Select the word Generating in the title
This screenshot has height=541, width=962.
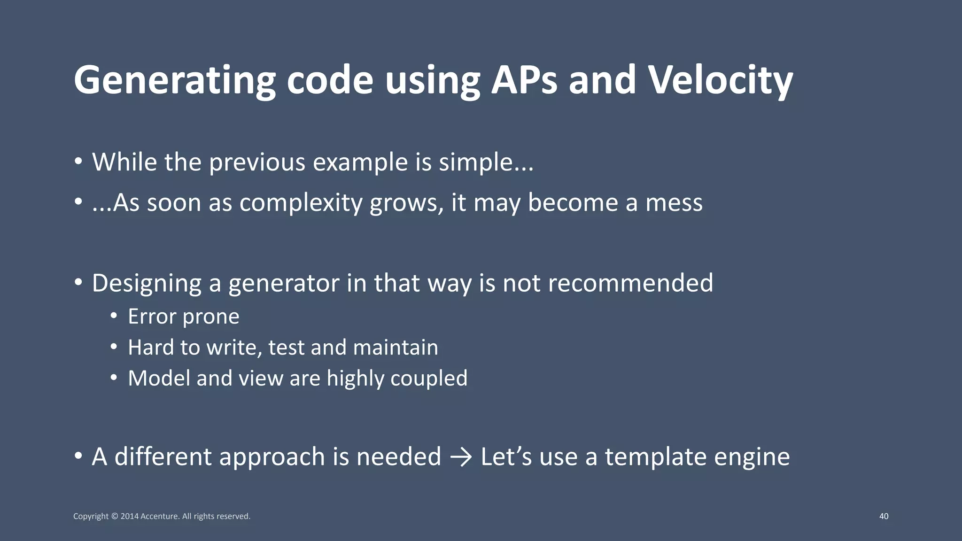tap(174, 81)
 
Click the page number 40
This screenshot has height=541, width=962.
tap(884, 516)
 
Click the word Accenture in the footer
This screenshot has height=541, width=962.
tap(160, 516)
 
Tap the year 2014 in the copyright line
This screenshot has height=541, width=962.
tap(129, 516)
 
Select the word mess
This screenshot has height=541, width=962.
tap(674, 203)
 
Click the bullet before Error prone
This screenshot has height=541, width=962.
tap(114, 316)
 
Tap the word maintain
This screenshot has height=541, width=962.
tap(395, 348)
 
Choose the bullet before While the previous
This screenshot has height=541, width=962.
tap(78, 162)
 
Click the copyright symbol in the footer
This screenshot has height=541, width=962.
tap(114, 516)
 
